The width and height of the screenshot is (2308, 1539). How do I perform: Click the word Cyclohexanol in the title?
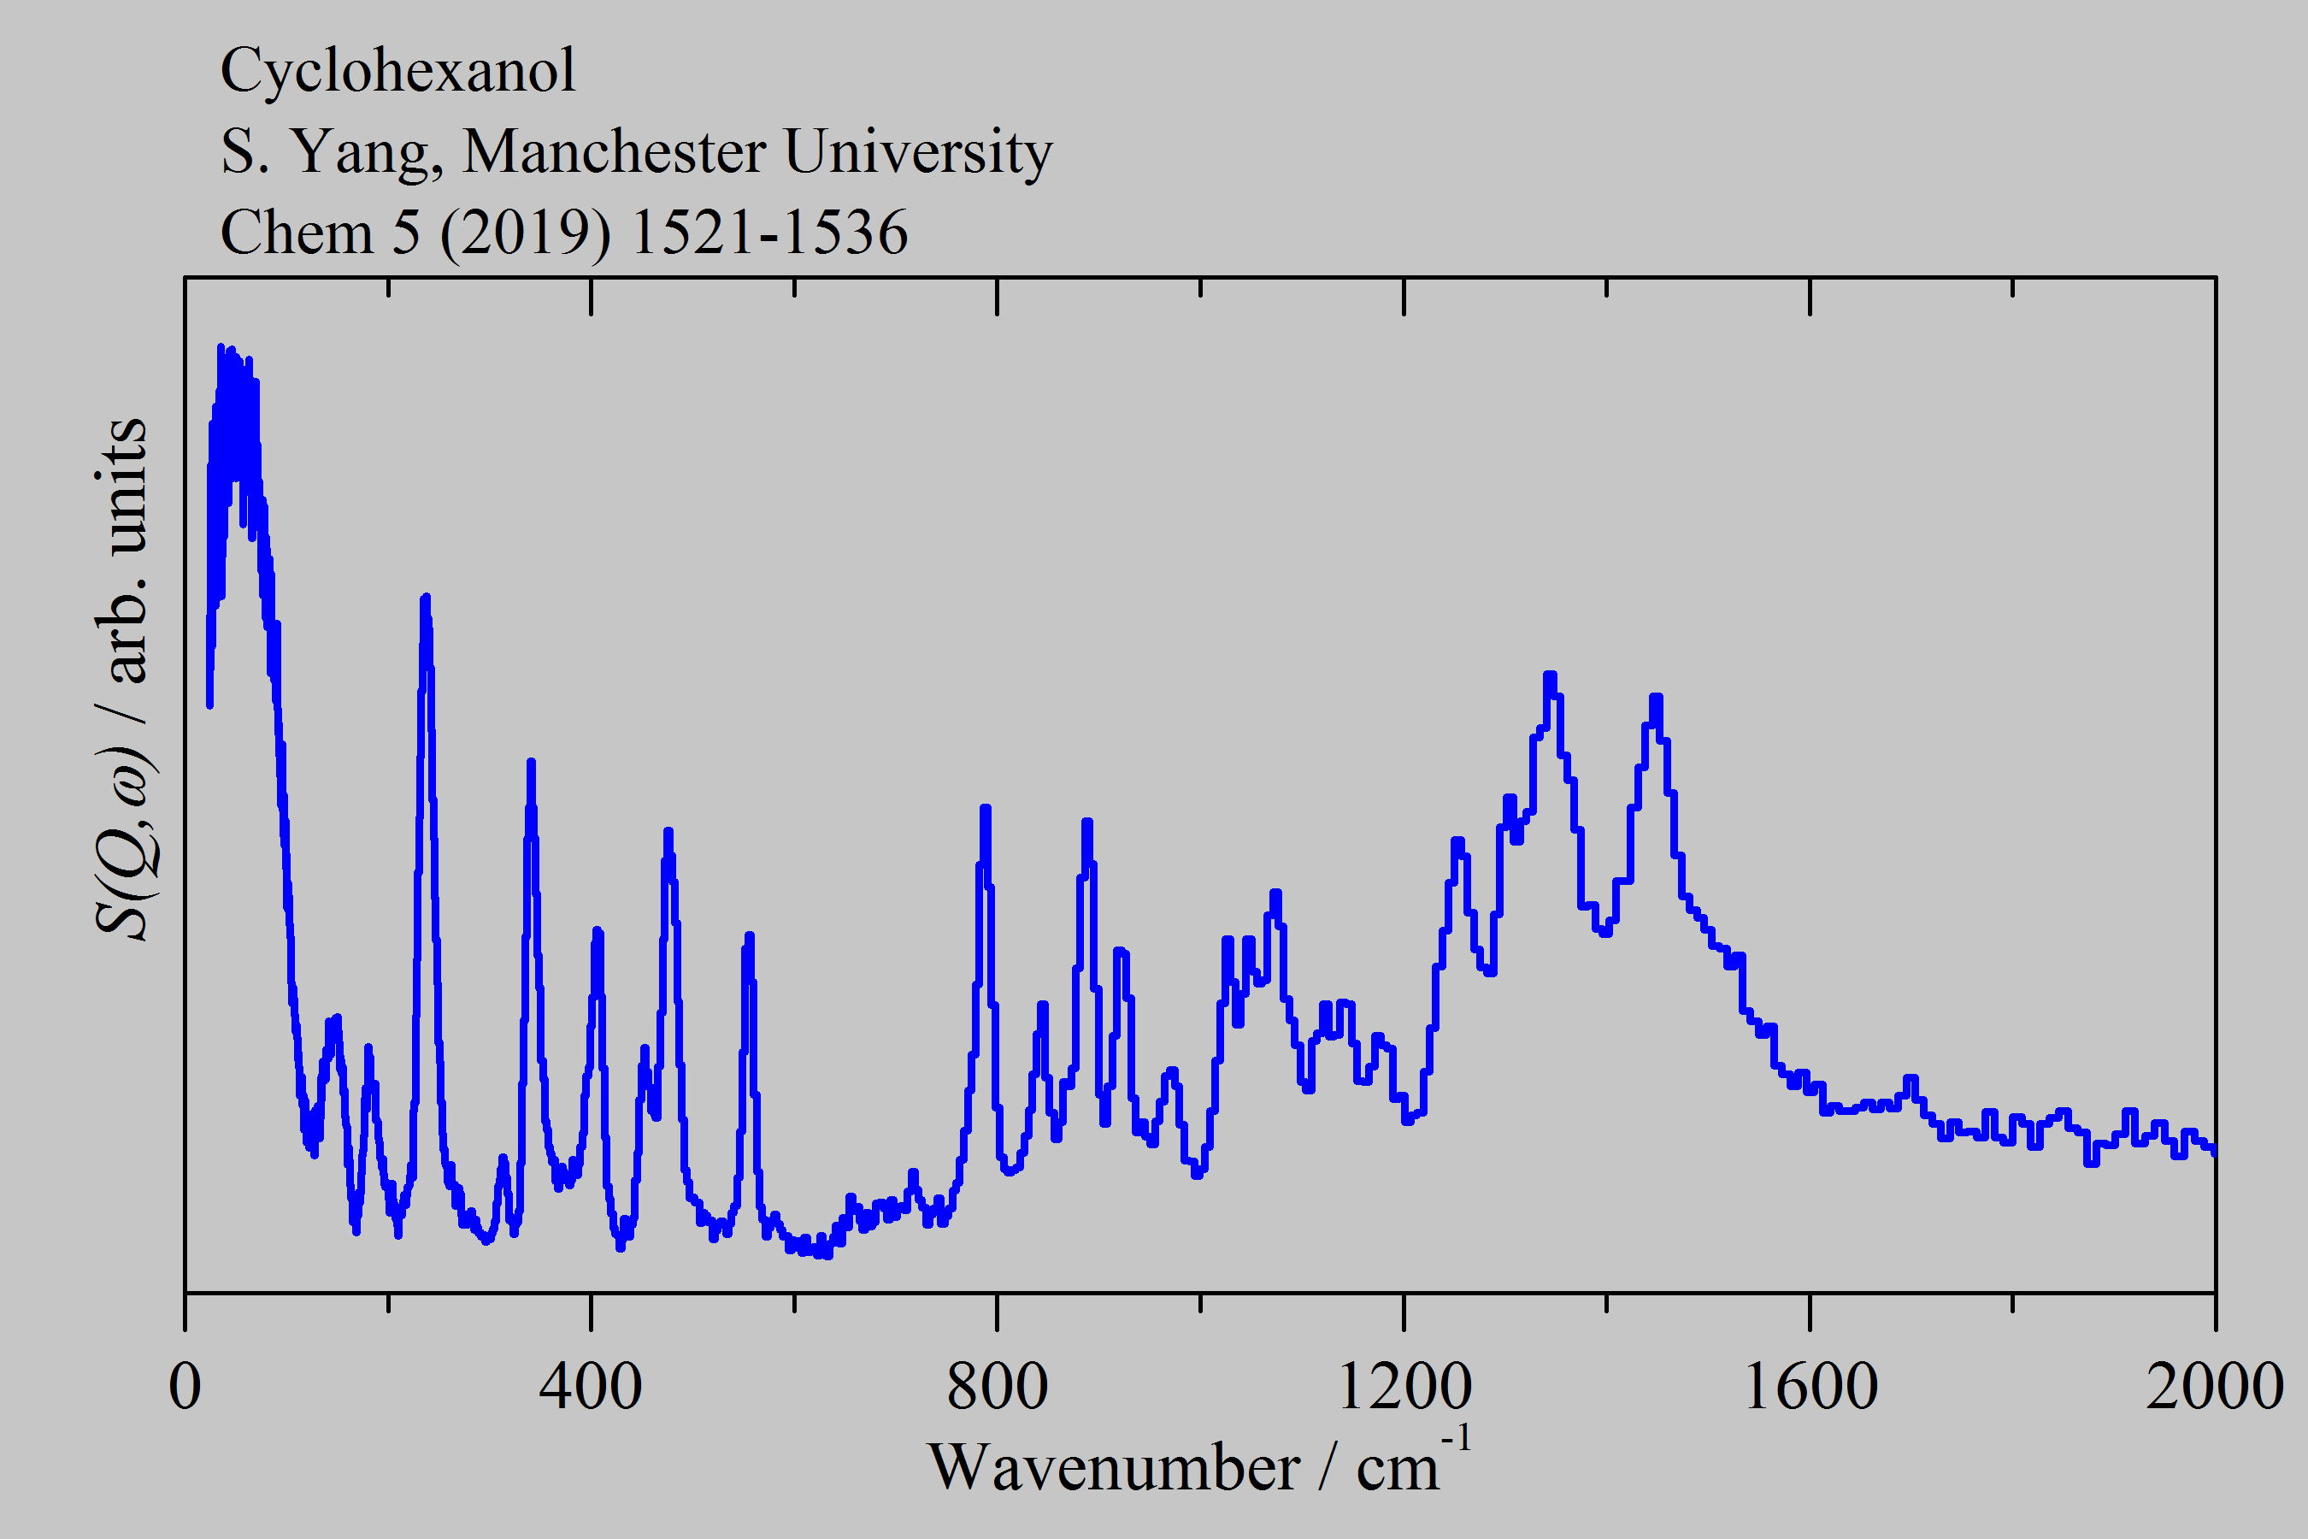click(x=397, y=71)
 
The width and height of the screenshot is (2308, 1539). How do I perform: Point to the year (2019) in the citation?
click(x=525, y=233)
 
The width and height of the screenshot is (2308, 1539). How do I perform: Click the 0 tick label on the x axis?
click(x=185, y=1387)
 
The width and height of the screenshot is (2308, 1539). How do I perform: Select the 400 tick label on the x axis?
click(x=591, y=1387)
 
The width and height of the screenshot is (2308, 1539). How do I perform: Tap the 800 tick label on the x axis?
click(x=997, y=1387)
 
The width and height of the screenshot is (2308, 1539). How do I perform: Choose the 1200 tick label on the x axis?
click(x=1404, y=1387)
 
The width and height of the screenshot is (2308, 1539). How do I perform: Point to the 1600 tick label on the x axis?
click(x=1810, y=1387)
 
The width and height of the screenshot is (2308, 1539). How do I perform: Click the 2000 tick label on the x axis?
click(x=2214, y=1387)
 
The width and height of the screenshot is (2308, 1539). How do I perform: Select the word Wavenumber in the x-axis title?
click(x=1113, y=1469)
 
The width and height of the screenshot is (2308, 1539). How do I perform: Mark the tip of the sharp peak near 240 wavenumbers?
click(x=425, y=598)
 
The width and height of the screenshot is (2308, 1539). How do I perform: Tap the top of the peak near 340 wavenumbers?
click(x=531, y=763)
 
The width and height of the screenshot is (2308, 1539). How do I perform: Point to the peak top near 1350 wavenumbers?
click(x=1550, y=675)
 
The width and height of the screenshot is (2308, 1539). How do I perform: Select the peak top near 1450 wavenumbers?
click(x=1656, y=698)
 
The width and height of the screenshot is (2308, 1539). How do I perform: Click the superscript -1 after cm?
click(x=1457, y=1440)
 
